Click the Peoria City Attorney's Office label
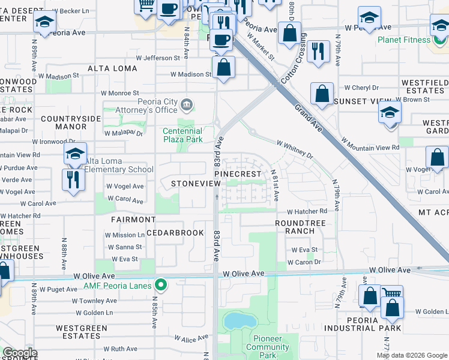pos(157,106)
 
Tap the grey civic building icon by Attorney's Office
pos(187,106)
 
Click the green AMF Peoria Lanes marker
pos(160,285)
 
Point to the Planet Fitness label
pos(403,40)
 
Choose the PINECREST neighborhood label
pos(238,174)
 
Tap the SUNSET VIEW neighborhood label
pos(359,101)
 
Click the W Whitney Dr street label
pos(295,149)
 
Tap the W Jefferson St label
pos(158,58)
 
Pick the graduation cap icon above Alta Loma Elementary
pos(75,154)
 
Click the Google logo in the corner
pos(20,353)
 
